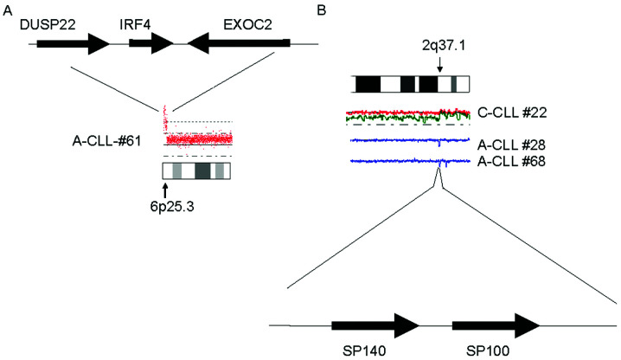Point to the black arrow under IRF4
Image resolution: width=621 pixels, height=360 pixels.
coord(151,43)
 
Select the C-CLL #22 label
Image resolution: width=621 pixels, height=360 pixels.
coord(512,112)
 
